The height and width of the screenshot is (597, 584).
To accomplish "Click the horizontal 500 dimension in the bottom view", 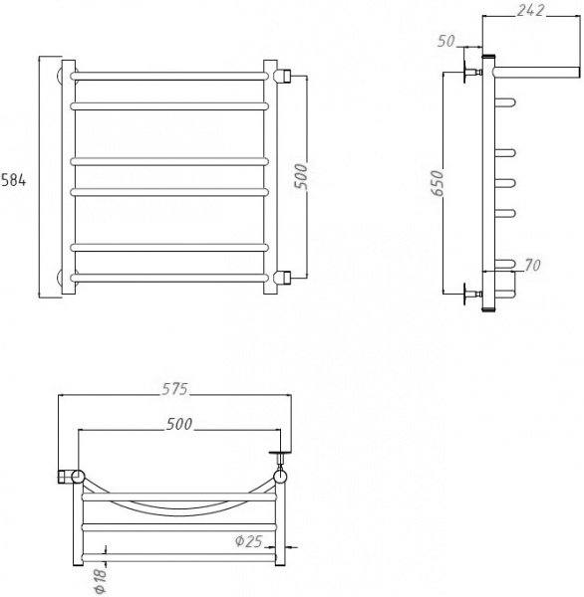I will (178, 424).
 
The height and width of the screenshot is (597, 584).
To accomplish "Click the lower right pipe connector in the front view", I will (283, 276).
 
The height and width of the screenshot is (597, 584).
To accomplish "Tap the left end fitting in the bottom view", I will (69, 476).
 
